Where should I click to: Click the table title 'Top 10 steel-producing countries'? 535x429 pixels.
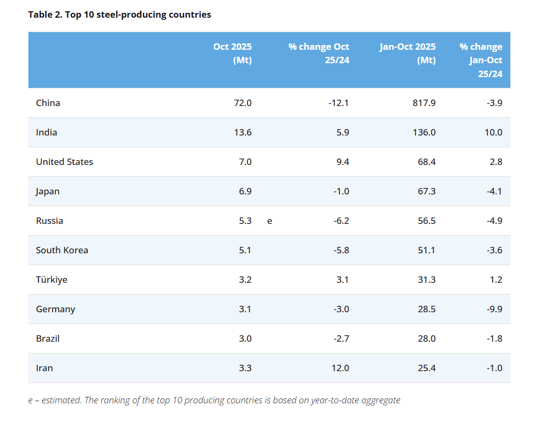pyautogui.click(x=138, y=14)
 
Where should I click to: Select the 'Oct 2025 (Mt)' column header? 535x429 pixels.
pyautogui.click(x=232, y=53)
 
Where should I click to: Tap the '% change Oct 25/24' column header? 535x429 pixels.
pyautogui.click(x=319, y=53)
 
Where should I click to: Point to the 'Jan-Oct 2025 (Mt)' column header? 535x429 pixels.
pyautogui.click(x=408, y=53)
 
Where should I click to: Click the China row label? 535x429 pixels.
pyautogui.click(x=48, y=103)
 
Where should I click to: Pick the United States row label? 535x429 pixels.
pyautogui.click(x=64, y=162)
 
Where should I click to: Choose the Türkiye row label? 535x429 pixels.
pyautogui.click(x=51, y=280)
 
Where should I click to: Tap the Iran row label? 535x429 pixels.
pyautogui.click(x=44, y=368)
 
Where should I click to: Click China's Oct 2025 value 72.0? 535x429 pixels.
pyautogui.click(x=243, y=103)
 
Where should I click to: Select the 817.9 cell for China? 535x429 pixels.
pyautogui.click(x=424, y=103)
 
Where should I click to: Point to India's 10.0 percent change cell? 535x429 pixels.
pyautogui.click(x=493, y=132)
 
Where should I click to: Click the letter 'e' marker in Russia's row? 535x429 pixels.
pyautogui.click(x=269, y=221)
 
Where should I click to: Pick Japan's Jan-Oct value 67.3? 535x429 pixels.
pyautogui.click(x=426, y=191)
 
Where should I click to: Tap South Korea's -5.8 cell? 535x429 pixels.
pyautogui.click(x=341, y=250)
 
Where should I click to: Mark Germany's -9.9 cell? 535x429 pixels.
pyautogui.click(x=494, y=309)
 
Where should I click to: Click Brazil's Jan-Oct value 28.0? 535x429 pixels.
pyautogui.click(x=426, y=338)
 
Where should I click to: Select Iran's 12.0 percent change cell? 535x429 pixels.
pyautogui.click(x=340, y=368)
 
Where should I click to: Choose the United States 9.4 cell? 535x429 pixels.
pyautogui.click(x=343, y=162)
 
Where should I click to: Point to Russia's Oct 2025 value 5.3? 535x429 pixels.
pyautogui.click(x=245, y=221)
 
